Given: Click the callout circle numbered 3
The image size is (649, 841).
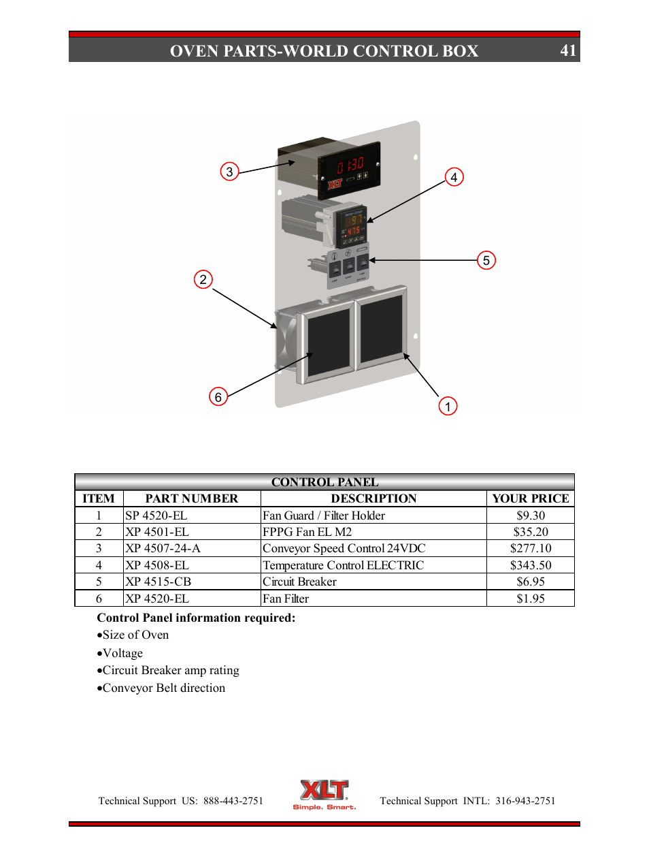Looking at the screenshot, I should tap(229, 172).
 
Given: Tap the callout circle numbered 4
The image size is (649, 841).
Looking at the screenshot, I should tap(454, 177).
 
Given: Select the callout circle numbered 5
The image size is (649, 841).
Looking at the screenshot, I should tap(486, 260).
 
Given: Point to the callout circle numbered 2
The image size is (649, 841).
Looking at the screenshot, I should tap(203, 279).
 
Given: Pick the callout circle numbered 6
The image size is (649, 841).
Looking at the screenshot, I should tap(218, 396).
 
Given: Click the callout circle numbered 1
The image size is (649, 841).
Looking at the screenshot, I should tap(448, 407).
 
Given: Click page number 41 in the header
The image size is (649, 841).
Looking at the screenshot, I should tap(568, 50).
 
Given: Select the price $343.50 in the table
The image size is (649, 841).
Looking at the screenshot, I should tap(531, 565).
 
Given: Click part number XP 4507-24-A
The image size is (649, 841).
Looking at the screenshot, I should tap(163, 548).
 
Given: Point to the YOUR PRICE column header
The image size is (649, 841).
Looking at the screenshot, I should tap(531, 498).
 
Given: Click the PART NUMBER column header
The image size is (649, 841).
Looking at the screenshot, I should tap(192, 498).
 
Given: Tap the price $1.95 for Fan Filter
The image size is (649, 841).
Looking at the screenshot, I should tap(531, 599).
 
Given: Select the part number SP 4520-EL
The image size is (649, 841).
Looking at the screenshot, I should tap(156, 515).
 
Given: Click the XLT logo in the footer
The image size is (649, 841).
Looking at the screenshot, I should tap(324, 793).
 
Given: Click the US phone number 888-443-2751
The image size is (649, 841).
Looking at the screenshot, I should tap(233, 801).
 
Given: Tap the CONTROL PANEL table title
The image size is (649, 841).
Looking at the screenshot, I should tap(324, 482).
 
